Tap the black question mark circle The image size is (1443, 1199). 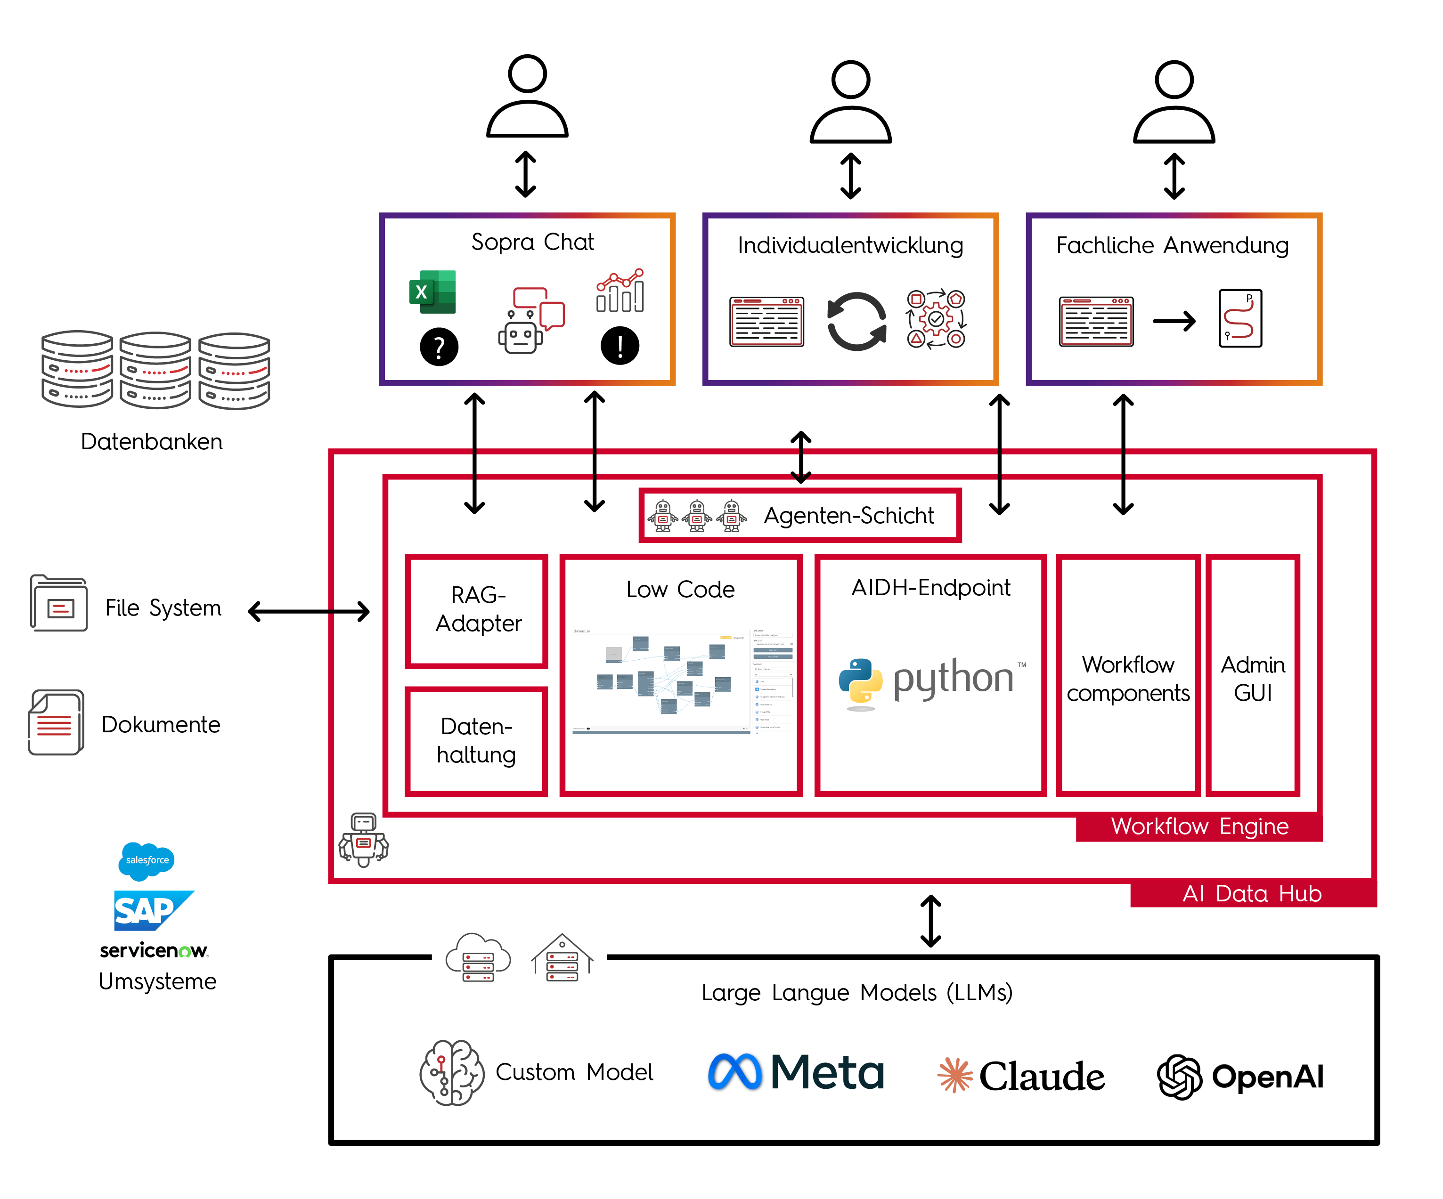(439, 346)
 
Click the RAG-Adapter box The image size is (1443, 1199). (477, 610)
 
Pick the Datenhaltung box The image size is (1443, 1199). (476, 741)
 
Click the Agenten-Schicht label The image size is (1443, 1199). (848, 515)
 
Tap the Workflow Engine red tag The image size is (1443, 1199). (1198, 826)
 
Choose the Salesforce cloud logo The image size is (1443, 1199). (147, 860)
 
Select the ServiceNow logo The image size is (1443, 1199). (153, 950)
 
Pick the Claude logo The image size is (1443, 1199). (1020, 1076)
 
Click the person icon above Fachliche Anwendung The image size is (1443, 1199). (1174, 102)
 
